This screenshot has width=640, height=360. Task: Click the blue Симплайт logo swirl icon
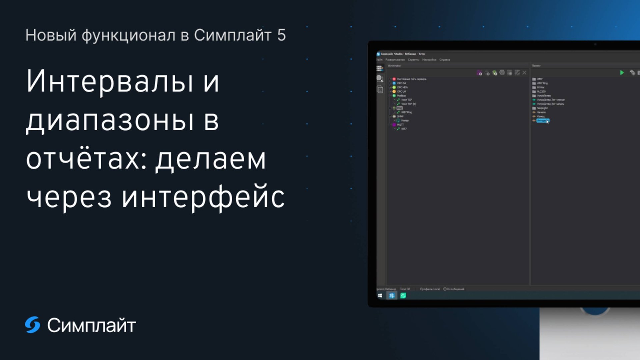(33, 325)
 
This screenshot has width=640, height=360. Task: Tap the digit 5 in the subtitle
(281, 35)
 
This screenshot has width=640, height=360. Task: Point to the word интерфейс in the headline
(203, 197)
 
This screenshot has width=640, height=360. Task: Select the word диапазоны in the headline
(110, 120)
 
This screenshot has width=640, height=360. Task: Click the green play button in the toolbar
(622, 73)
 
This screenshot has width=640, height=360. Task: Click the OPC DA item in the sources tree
(401, 83)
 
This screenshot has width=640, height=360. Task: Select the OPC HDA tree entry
(402, 87)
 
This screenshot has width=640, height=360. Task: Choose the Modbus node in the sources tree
(401, 96)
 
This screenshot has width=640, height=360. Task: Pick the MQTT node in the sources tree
(400, 125)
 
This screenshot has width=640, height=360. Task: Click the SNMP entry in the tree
(400, 116)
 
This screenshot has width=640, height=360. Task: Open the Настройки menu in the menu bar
(429, 60)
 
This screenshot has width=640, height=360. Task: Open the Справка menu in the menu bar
(445, 60)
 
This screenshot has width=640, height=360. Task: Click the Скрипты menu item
(413, 60)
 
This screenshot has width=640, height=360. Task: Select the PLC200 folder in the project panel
(541, 91)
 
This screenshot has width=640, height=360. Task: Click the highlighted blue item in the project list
(542, 121)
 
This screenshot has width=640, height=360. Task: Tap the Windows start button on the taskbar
(380, 296)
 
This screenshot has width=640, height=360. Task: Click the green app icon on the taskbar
(403, 296)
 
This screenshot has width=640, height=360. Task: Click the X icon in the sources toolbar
(524, 73)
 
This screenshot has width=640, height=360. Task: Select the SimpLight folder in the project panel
(542, 108)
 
